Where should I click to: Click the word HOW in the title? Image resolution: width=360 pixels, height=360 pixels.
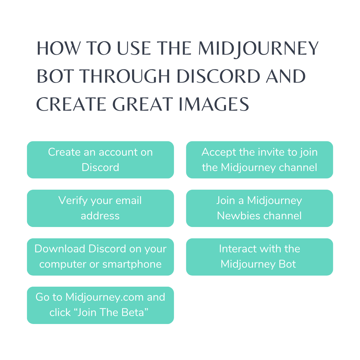point(59,48)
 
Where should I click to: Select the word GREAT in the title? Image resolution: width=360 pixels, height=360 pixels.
point(142,104)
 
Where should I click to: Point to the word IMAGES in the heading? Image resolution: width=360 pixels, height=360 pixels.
point(214,104)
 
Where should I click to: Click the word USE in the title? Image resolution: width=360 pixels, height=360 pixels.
point(134,48)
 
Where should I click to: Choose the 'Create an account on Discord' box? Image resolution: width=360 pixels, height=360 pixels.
point(100,160)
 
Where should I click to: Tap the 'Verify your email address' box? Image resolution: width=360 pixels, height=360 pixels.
point(100,208)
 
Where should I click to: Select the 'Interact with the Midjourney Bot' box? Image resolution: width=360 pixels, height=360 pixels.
point(259,257)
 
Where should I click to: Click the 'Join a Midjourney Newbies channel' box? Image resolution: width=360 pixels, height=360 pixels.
point(259,208)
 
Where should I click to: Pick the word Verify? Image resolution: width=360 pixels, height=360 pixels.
point(73,200)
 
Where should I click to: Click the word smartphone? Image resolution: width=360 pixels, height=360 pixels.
point(132,264)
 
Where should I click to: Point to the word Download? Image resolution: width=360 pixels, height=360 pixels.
point(60,249)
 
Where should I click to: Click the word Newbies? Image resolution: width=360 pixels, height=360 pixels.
point(239,216)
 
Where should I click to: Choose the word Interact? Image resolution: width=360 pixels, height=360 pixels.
point(237,249)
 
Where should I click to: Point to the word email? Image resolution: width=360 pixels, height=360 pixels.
point(129,200)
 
